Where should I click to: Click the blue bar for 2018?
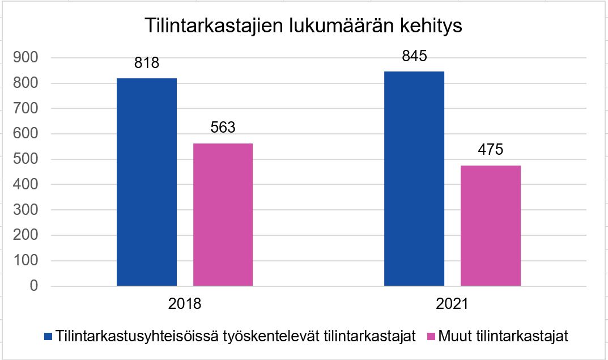click(146, 182)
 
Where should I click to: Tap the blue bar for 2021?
click(414, 179)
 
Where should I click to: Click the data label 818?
click(147, 63)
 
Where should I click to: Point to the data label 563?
click(223, 128)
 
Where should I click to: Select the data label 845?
click(414, 56)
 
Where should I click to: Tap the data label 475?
click(490, 150)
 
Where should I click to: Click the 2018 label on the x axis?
click(184, 304)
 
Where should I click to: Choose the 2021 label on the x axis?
click(452, 304)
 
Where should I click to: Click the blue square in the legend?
click(48, 336)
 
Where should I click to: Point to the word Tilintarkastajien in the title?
click(212, 27)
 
